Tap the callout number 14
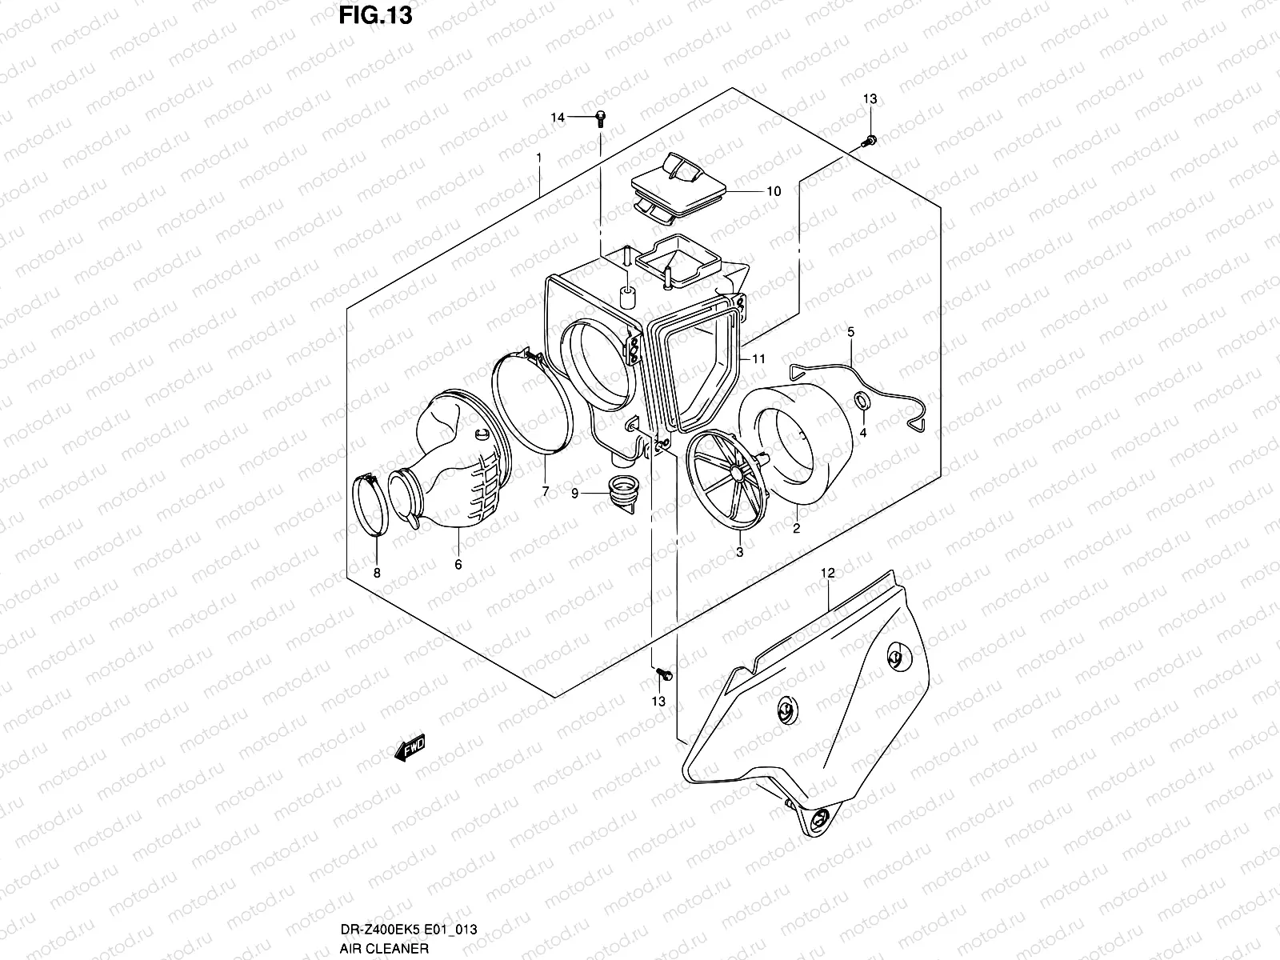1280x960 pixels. (x=557, y=118)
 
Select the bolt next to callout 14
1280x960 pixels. (x=600, y=118)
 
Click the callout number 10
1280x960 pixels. (x=773, y=191)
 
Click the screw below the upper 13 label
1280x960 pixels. (x=869, y=142)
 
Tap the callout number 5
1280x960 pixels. (x=850, y=331)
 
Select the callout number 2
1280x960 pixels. (x=796, y=529)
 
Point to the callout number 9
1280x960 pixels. (x=574, y=494)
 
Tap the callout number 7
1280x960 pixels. (x=546, y=492)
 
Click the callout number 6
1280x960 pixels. (x=458, y=564)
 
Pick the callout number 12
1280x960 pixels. (x=827, y=573)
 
